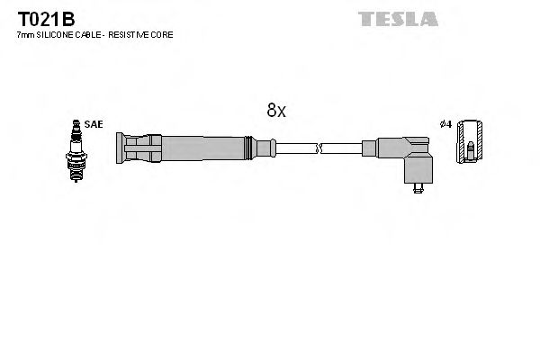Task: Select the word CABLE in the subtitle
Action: [91, 34]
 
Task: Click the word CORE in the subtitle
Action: [163, 34]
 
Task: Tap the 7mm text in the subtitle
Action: [25, 34]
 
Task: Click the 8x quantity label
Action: [275, 111]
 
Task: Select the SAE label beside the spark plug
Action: [93, 124]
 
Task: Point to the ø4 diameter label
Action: [445, 124]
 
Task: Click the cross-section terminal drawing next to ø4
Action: [470, 141]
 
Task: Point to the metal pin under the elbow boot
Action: [416, 188]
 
